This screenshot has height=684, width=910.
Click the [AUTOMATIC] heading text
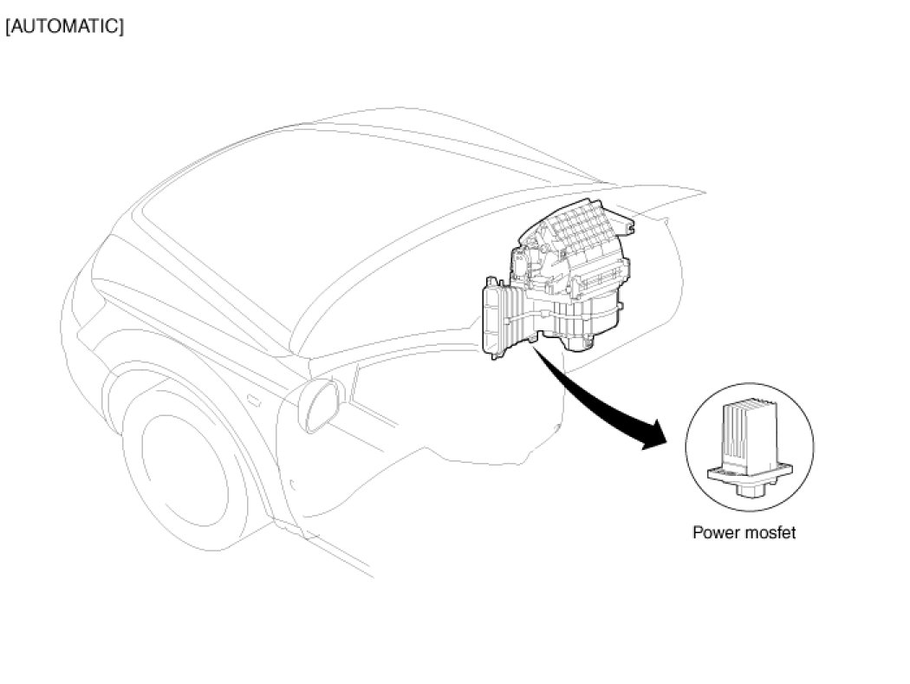coord(65,26)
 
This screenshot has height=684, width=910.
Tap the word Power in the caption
coord(714,532)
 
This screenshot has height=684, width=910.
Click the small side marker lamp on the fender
coord(254,401)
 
